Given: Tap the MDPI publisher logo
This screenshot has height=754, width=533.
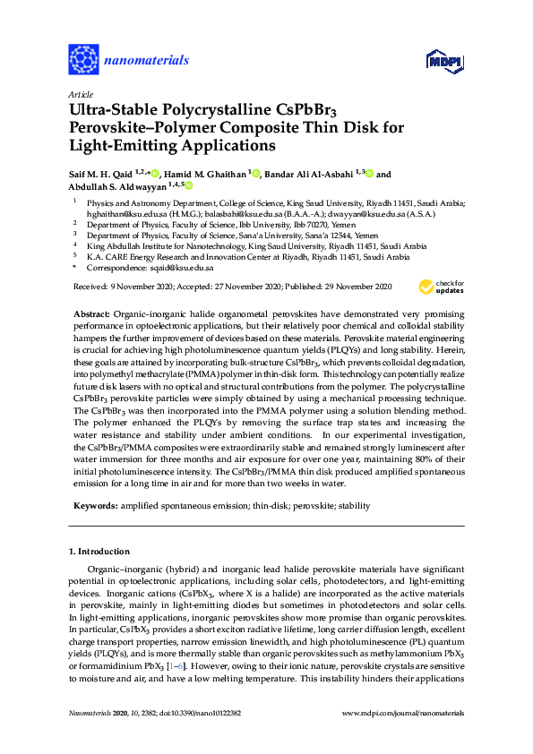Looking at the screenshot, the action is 443,61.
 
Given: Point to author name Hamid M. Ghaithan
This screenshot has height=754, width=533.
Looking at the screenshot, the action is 204,173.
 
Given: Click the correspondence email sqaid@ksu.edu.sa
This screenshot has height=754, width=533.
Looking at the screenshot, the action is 181,268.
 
